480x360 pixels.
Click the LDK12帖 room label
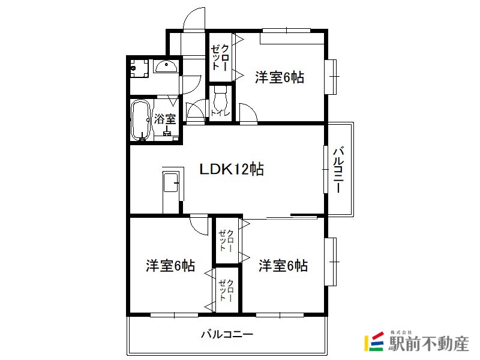tap(232, 169)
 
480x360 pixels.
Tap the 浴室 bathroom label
tap(165, 119)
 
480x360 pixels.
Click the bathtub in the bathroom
tap(140, 121)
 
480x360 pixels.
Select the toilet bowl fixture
tap(220, 97)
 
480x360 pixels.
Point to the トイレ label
tap(220, 113)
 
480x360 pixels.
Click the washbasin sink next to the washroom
tap(166, 66)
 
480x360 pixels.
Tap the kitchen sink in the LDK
tap(171, 183)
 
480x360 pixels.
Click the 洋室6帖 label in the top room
tap(280, 77)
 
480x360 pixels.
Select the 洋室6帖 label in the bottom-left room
tap(170, 265)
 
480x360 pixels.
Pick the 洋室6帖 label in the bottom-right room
tap(283, 265)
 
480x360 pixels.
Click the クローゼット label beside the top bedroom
tap(220, 58)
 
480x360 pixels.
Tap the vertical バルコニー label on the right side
tap(338, 170)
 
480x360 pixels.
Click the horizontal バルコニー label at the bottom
tap(227, 334)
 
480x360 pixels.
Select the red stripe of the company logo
tap(377, 335)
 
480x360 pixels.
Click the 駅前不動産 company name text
tap(428, 343)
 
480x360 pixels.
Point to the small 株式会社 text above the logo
tap(401, 332)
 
